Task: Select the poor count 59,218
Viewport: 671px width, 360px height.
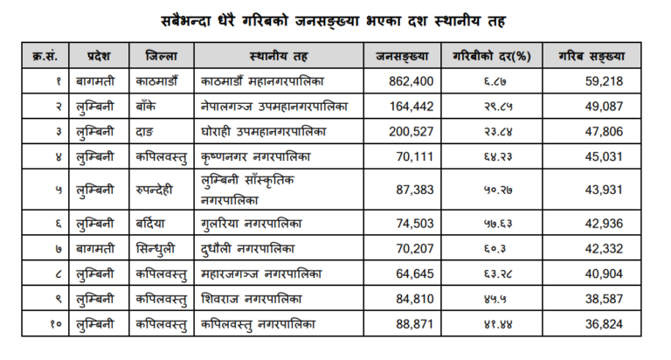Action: pos(604,81)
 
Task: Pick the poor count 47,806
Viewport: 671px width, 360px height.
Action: pos(604,132)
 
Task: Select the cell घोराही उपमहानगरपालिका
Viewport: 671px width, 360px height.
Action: pos(262,132)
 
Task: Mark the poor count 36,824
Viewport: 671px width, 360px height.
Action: pos(604,324)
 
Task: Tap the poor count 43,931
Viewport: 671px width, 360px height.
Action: pos(604,190)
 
